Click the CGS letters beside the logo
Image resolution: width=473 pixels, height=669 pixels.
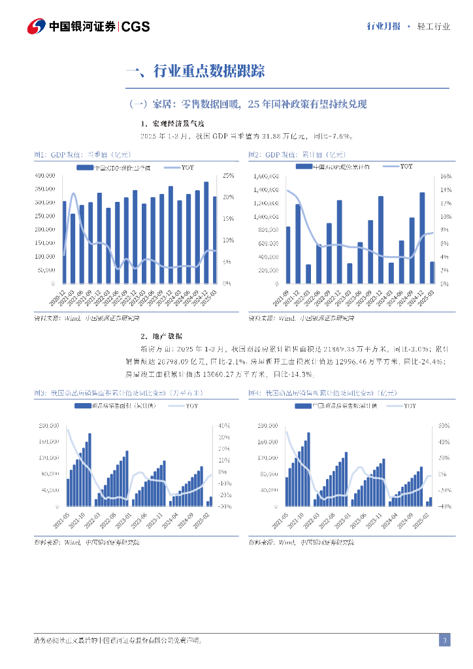(x=136, y=27)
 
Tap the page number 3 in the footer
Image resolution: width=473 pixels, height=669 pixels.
(x=444, y=640)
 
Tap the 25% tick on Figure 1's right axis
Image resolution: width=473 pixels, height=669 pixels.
(x=228, y=176)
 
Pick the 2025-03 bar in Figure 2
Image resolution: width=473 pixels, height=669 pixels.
(x=431, y=272)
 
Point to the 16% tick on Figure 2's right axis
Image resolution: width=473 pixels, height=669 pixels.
(x=444, y=176)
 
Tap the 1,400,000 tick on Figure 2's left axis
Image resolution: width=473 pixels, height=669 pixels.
(x=265, y=189)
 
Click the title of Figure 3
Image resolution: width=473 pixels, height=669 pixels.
(x=118, y=393)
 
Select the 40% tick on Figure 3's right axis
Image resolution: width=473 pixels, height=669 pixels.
(x=223, y=425)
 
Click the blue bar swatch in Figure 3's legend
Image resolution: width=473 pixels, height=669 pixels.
(x=82, y=406)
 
